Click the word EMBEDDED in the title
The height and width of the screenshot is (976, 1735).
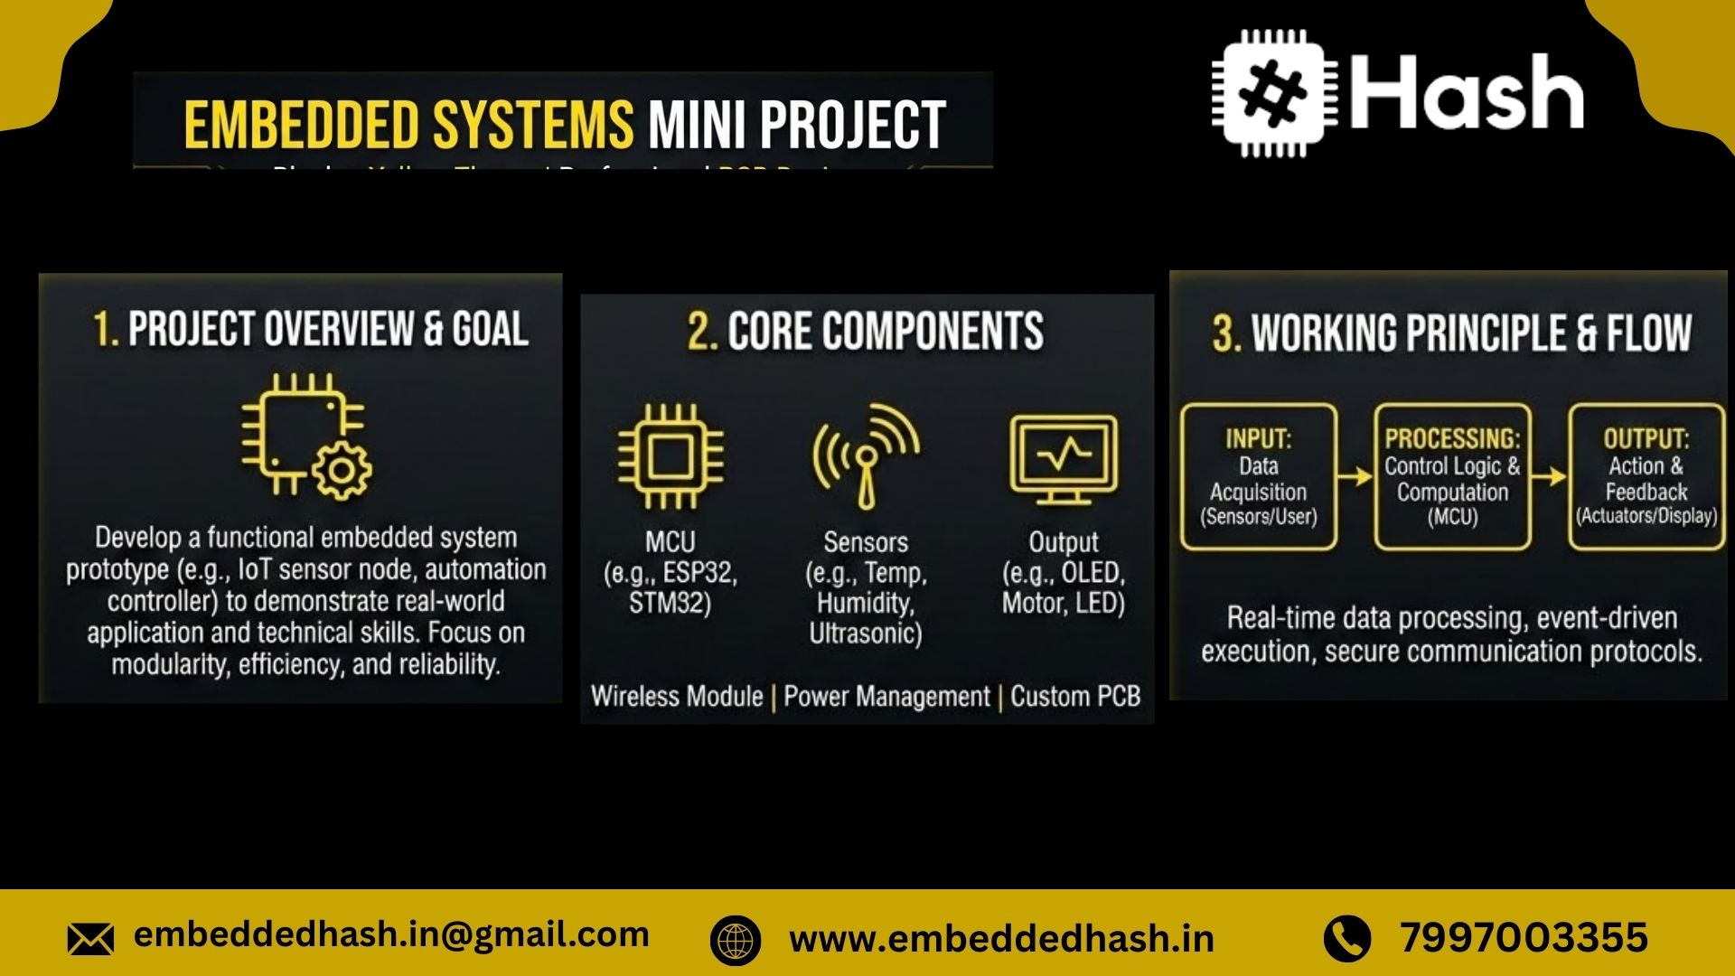302,125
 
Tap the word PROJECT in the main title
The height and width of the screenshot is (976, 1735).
852,125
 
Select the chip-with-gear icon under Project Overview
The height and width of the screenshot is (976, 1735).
305,435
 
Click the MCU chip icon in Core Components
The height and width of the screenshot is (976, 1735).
670,455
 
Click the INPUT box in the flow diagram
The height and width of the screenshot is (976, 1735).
1258,476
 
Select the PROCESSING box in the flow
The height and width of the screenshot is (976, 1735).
1452,476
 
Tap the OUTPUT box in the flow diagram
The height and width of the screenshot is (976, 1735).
1646,476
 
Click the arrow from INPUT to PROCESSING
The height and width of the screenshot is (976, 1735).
1355,476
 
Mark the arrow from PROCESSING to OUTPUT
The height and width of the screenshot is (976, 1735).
1550,476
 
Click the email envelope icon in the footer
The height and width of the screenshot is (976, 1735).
90,939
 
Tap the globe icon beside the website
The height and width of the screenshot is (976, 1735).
736,940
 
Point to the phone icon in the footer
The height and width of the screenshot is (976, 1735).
1347,938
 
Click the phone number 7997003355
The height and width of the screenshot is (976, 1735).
1524,937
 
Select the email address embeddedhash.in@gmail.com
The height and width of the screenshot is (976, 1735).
391,934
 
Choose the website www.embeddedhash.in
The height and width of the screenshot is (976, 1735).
1001,939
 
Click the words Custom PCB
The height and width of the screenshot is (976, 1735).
1075,697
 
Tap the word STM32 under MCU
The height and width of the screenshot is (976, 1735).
670,604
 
